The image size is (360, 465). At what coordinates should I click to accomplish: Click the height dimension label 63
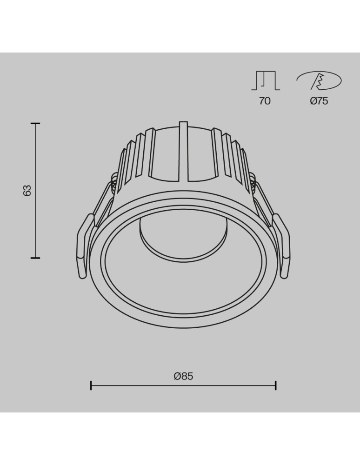tap(27, 190)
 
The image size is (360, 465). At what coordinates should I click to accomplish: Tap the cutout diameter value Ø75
tap(319, 101)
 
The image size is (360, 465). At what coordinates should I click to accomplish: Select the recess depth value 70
tap(264, 101)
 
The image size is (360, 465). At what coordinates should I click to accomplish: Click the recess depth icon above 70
tap(265, 80)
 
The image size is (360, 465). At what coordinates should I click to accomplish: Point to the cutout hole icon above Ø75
tap(319, 81)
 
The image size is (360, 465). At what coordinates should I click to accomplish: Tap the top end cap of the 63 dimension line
tap(35, 124)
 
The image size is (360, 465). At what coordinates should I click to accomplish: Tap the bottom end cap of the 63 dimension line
tap(35, 258)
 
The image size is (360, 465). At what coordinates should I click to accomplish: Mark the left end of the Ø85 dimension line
tap(91, 385)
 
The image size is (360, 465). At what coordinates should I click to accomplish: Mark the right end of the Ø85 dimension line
tap(276, 385)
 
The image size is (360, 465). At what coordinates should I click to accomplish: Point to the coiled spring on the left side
tap(113, 184)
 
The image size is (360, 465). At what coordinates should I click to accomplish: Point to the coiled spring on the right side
tap(253, 184)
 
